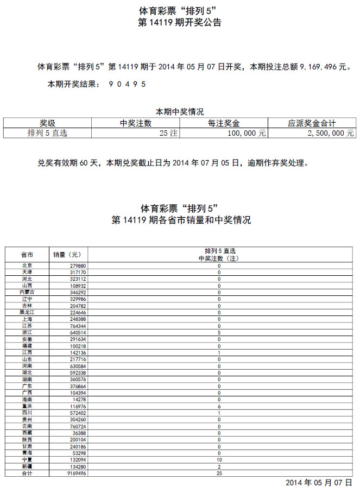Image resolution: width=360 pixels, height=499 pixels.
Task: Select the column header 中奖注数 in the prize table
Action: [x=135, y=123]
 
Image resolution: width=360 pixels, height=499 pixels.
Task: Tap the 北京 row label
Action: [x=27, y=266]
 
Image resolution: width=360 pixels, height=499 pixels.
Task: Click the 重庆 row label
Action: [x=27, y=406]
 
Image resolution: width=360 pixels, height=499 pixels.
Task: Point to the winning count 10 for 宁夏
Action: [x=219, y=460]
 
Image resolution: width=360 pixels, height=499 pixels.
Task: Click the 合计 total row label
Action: [x=27, y=473]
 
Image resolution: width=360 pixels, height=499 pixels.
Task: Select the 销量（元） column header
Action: [x=67, y=255]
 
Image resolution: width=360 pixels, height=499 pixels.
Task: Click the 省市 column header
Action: [x=27, y=255]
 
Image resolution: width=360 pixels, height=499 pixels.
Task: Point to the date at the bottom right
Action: [x=319, y=483]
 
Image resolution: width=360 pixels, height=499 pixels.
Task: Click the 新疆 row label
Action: [x=27, y=466]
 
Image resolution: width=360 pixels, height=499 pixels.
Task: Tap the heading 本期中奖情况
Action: [x=180, y=112]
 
